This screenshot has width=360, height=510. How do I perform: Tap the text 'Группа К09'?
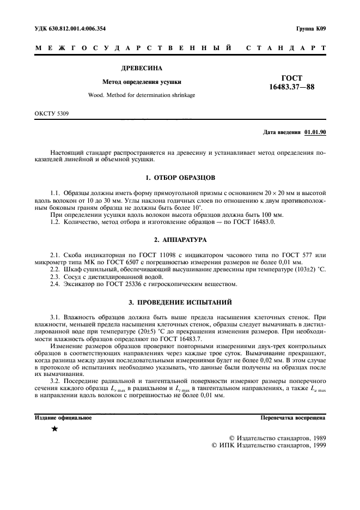311,28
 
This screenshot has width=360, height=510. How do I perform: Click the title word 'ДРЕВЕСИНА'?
142,69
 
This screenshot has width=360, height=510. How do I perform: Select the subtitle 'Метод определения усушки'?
142,82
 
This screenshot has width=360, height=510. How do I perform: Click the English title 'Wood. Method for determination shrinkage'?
142,95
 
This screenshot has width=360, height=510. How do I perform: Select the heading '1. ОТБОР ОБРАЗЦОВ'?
180,178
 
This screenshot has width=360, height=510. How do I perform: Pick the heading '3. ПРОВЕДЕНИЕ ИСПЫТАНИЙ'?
180,301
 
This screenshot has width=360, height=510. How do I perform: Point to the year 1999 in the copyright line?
315,445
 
